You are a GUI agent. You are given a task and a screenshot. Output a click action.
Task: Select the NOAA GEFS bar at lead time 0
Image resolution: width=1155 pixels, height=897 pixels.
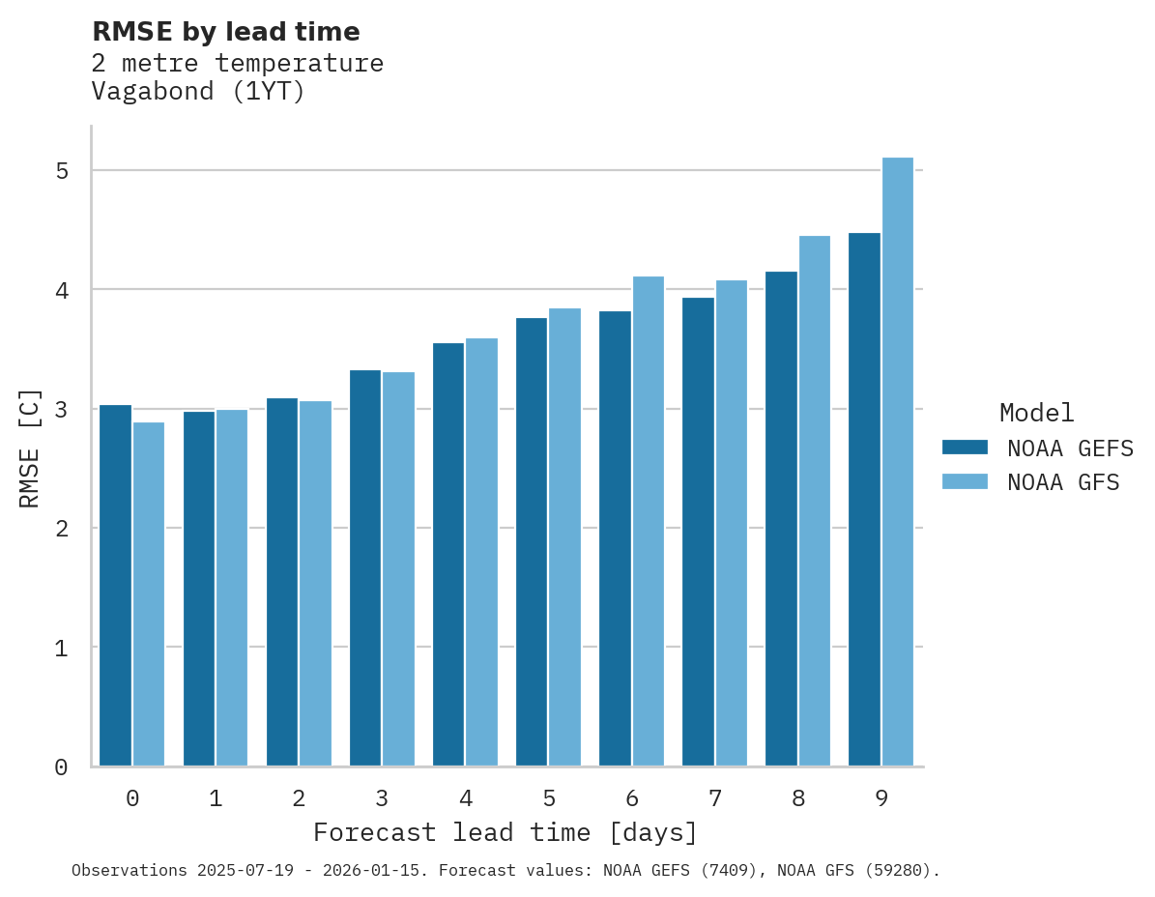click(116, 585)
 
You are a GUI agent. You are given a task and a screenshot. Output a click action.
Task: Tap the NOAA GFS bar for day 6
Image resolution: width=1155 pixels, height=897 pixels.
click(649, 521)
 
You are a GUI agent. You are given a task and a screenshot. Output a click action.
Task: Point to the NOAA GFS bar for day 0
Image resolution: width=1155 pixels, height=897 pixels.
click(149, 593)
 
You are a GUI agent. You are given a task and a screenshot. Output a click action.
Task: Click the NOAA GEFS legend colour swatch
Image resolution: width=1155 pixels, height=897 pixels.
click(965, 448)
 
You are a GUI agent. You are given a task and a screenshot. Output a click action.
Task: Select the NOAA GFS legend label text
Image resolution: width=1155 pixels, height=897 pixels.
click(1063, 482)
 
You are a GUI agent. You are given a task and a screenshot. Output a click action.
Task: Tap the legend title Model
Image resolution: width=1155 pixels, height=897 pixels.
click(1036, 414)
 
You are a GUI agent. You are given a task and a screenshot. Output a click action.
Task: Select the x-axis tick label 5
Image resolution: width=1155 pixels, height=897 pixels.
click(549, 799)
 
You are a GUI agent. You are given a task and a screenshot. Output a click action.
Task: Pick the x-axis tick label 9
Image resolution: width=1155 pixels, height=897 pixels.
click(881, 799)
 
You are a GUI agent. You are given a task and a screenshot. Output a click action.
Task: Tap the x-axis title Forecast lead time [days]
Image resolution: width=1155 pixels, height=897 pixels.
click(505, 832)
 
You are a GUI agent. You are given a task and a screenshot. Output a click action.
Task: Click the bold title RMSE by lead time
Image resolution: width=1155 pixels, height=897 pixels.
click(225, 32)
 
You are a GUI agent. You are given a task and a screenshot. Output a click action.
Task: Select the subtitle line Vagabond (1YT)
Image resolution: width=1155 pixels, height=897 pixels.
click(198, 92)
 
